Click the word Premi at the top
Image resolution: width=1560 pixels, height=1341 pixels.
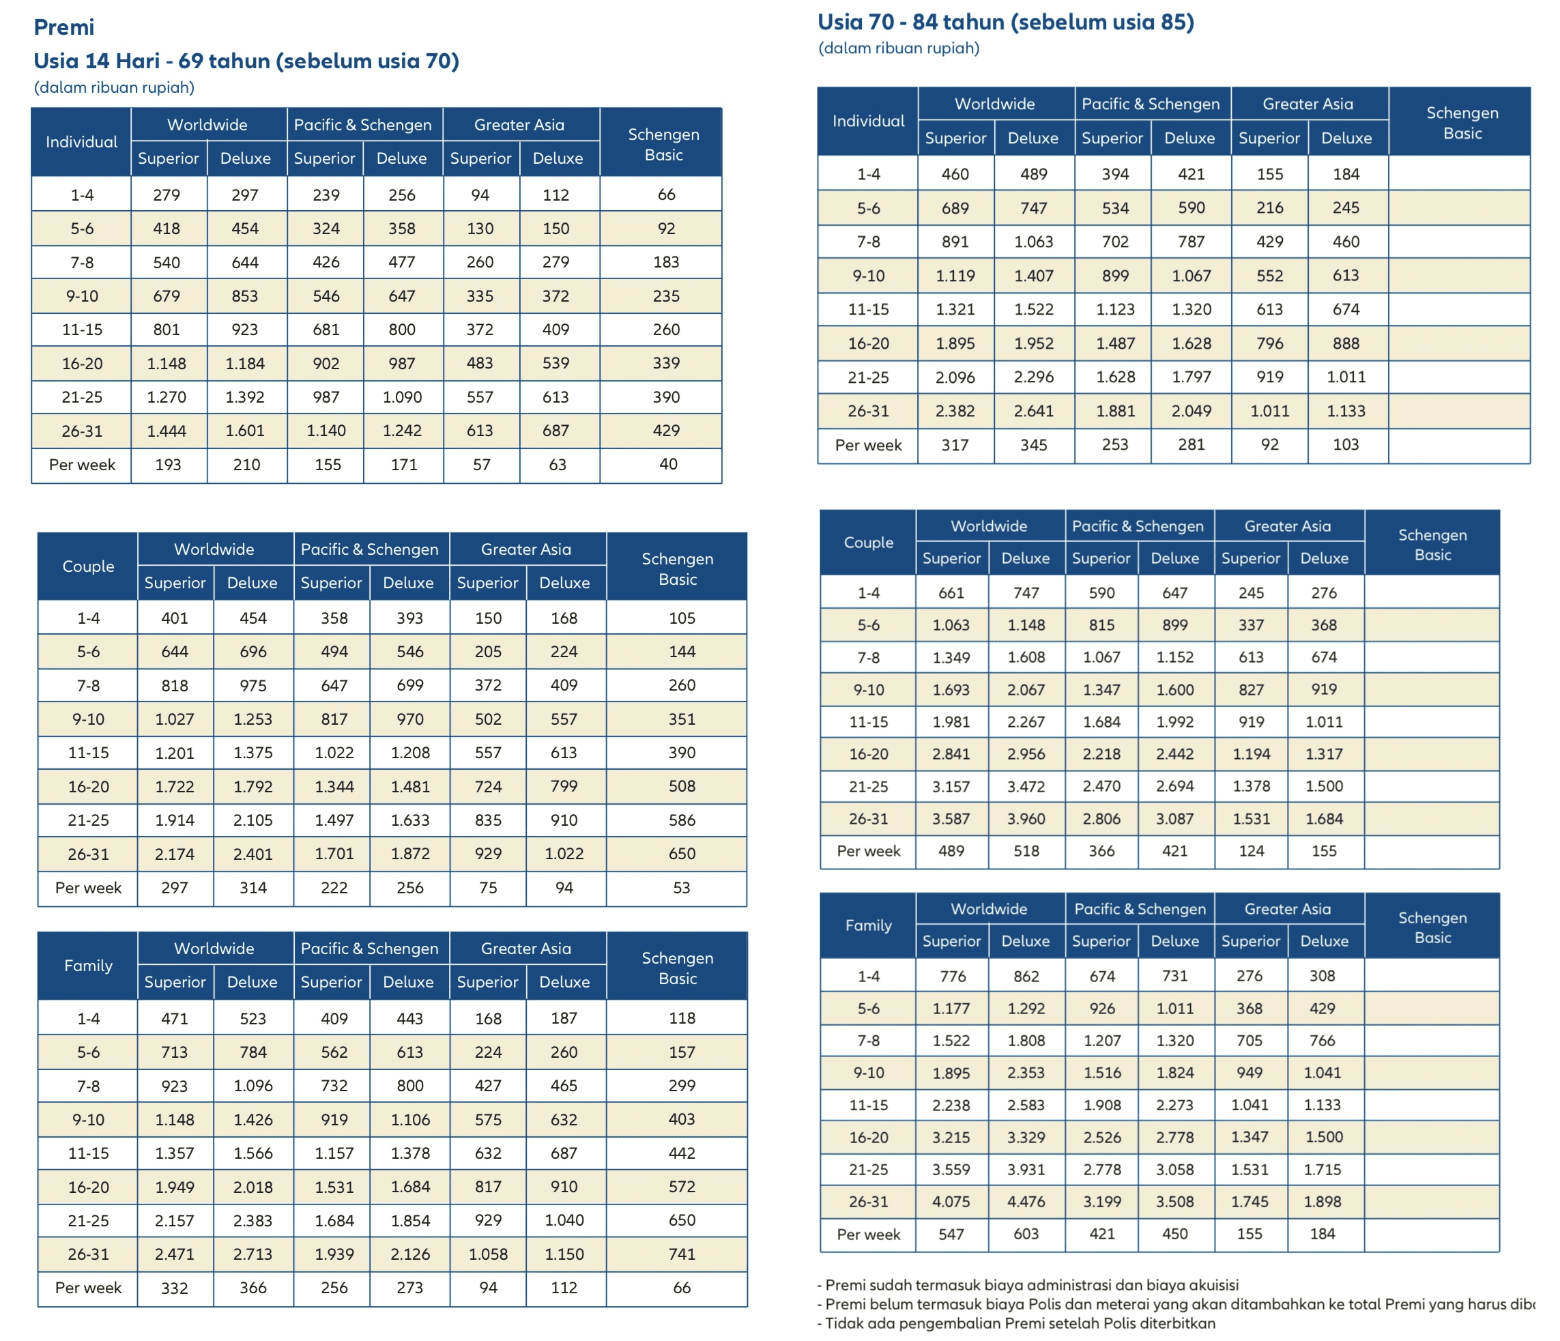(x=64, y=27)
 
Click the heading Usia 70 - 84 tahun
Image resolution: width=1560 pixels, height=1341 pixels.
(x=1005, y=22)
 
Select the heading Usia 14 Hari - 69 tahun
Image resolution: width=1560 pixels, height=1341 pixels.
(x=246, y=61)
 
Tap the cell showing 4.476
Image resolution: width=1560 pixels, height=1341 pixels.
(x=1026, y=1202)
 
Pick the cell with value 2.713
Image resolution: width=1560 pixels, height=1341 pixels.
(x=253, y=1254)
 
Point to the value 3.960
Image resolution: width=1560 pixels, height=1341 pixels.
(x=1026, y=818)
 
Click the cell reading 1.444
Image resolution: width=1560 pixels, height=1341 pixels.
(x=167, y=431)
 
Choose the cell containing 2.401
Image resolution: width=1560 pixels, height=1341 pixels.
(x=253, y=854)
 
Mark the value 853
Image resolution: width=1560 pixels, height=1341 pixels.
(x=245, y=296)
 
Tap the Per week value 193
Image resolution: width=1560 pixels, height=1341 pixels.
(x=168, y=465)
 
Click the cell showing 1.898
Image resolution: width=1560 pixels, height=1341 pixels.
(x=1322, y=1202)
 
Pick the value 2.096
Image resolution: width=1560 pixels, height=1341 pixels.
(x=955, y=377)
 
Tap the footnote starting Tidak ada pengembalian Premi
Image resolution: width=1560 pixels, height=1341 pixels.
(x=1015, y=1323)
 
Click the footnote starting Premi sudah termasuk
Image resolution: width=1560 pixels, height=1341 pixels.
(x=1028, y=1285)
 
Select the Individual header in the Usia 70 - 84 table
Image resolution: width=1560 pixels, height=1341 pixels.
(x=868, y=121)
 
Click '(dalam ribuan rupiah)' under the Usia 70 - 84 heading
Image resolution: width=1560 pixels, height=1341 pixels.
(x=898, y=48)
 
